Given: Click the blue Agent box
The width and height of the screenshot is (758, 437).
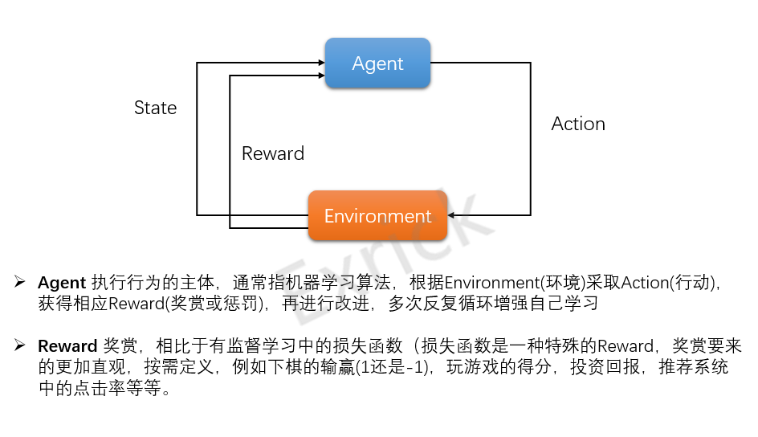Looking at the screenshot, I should pos(377,63).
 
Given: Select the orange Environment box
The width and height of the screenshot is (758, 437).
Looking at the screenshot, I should pos(377,216).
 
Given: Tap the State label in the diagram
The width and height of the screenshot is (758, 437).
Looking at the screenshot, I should pos(155,108).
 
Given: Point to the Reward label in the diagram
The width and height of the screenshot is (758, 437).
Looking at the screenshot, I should pos(273,153).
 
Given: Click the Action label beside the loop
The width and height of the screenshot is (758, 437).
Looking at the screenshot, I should pos(578,124).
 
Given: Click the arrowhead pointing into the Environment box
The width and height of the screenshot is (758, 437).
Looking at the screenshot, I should pos(452,215).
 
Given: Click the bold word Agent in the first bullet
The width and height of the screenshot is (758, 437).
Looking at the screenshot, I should pos(62,283).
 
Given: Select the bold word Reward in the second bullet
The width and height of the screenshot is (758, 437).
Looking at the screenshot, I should pos(67,347).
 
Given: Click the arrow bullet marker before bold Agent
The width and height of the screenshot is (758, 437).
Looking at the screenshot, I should pos(20,282).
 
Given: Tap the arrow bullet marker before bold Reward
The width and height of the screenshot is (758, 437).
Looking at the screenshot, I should pos(20,346).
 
